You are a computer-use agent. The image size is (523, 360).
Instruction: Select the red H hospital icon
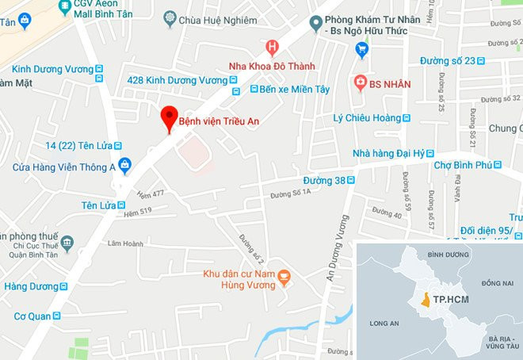tap(273, 48)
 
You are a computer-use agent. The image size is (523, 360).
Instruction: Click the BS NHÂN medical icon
tap(361, 82)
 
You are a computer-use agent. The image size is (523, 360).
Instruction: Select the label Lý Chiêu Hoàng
tap(366, 118)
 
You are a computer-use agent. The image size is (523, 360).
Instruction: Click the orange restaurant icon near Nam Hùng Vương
tap(284, 274)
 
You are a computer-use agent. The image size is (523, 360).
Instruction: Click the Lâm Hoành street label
tap(126, 243)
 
